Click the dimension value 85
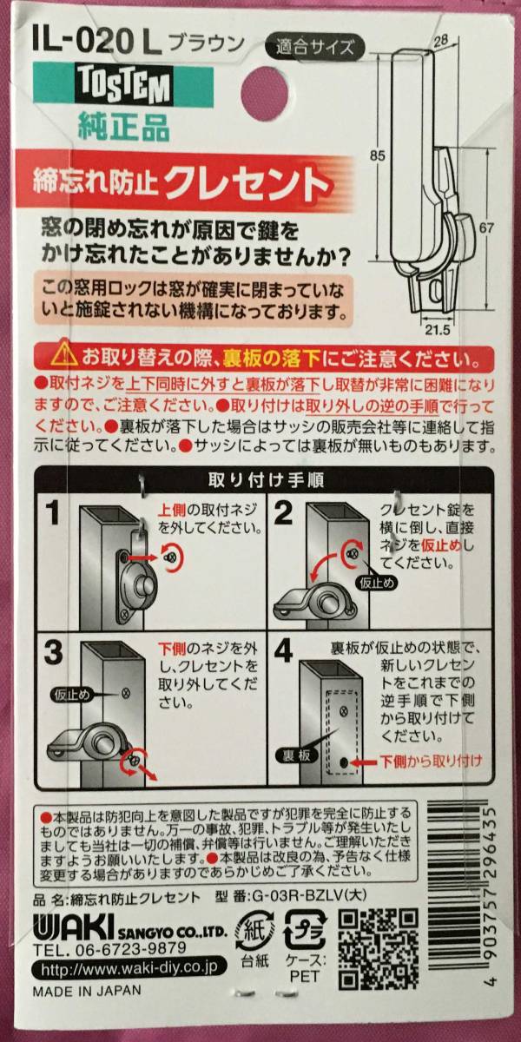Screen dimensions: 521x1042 tap(377, 155)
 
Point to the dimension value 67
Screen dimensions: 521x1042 tap(486, 228)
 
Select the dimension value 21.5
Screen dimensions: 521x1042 tap(438, 330)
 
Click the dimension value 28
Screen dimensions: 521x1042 tap(440, 40)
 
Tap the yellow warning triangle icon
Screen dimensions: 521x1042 tap(64, 356)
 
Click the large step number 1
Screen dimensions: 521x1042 tap(54, 512)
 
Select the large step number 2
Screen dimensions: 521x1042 tap(283, 512)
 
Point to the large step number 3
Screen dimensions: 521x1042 tap(54, 652)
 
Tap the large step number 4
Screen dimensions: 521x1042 tap(283, 652)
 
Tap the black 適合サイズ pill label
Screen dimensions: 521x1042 tap(314, 47)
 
